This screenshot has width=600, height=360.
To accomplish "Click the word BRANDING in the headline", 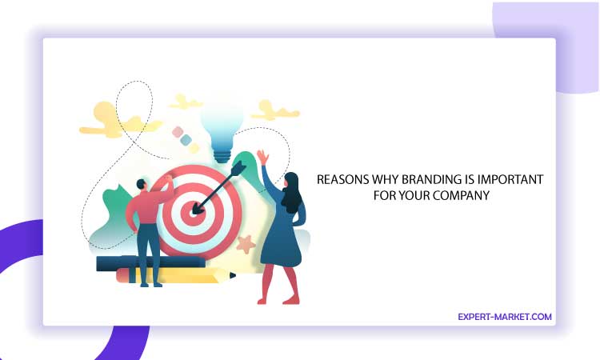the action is point(432,179).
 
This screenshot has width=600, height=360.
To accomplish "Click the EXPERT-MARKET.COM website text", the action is point(505,317).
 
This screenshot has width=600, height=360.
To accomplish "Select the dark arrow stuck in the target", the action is point(218,187).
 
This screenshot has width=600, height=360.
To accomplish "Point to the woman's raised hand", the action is point(263,157).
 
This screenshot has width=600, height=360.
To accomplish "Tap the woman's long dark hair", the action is point(291,192).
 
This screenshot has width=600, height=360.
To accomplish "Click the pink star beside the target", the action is point(246,244).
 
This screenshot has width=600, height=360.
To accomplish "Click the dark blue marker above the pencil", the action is point(150,263).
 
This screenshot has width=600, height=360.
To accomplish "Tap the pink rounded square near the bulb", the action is point(178,132).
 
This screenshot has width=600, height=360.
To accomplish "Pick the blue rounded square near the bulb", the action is point(186,140).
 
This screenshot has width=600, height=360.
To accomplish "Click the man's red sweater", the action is point(147,206).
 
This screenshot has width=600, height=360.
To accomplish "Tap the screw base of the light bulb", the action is point(222,156).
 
